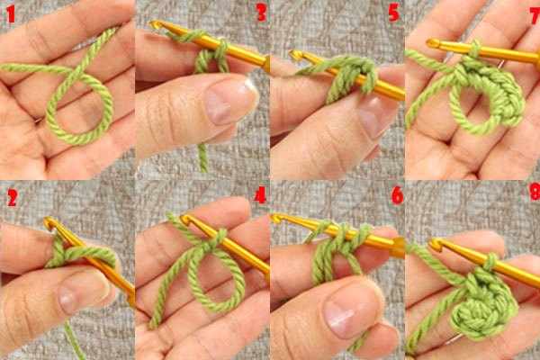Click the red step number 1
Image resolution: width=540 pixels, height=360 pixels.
11,14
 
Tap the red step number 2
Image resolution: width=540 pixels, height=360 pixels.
12,197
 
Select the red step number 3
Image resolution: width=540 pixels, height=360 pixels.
261,13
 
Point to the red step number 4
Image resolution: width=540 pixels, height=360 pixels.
260,194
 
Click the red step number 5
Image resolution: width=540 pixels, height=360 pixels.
393,13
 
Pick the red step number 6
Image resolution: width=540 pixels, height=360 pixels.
397,195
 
